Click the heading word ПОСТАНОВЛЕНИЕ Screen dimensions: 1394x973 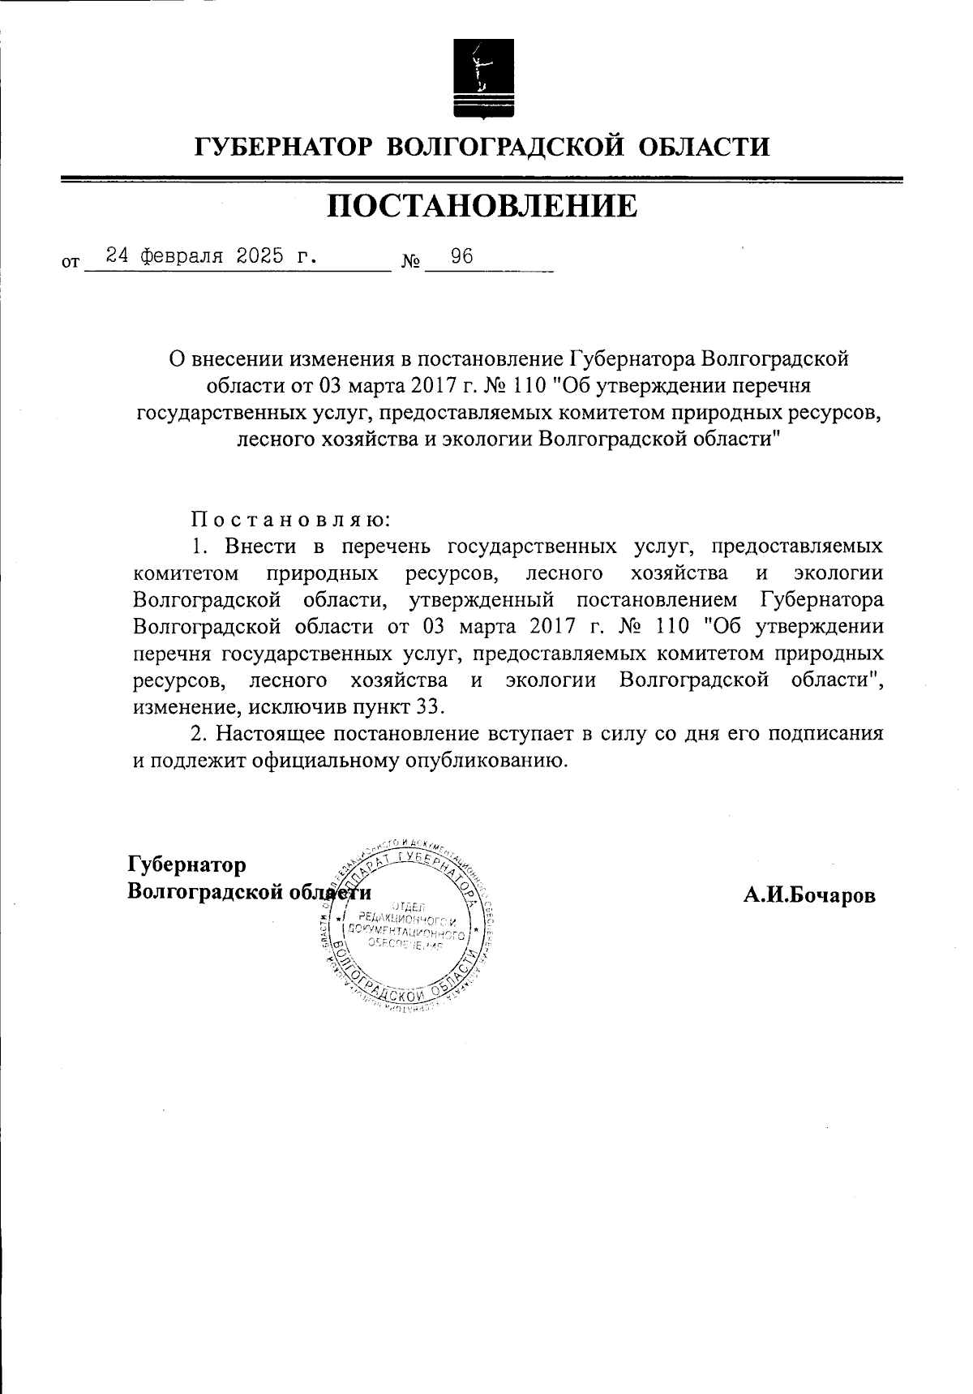(x=482, y=206)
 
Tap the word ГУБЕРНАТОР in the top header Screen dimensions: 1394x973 (x=283, y=148)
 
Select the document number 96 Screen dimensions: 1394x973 (x=462, y=257)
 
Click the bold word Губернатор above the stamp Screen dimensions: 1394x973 (x=187, y=864)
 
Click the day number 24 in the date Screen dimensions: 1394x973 (x=118, y=257)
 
